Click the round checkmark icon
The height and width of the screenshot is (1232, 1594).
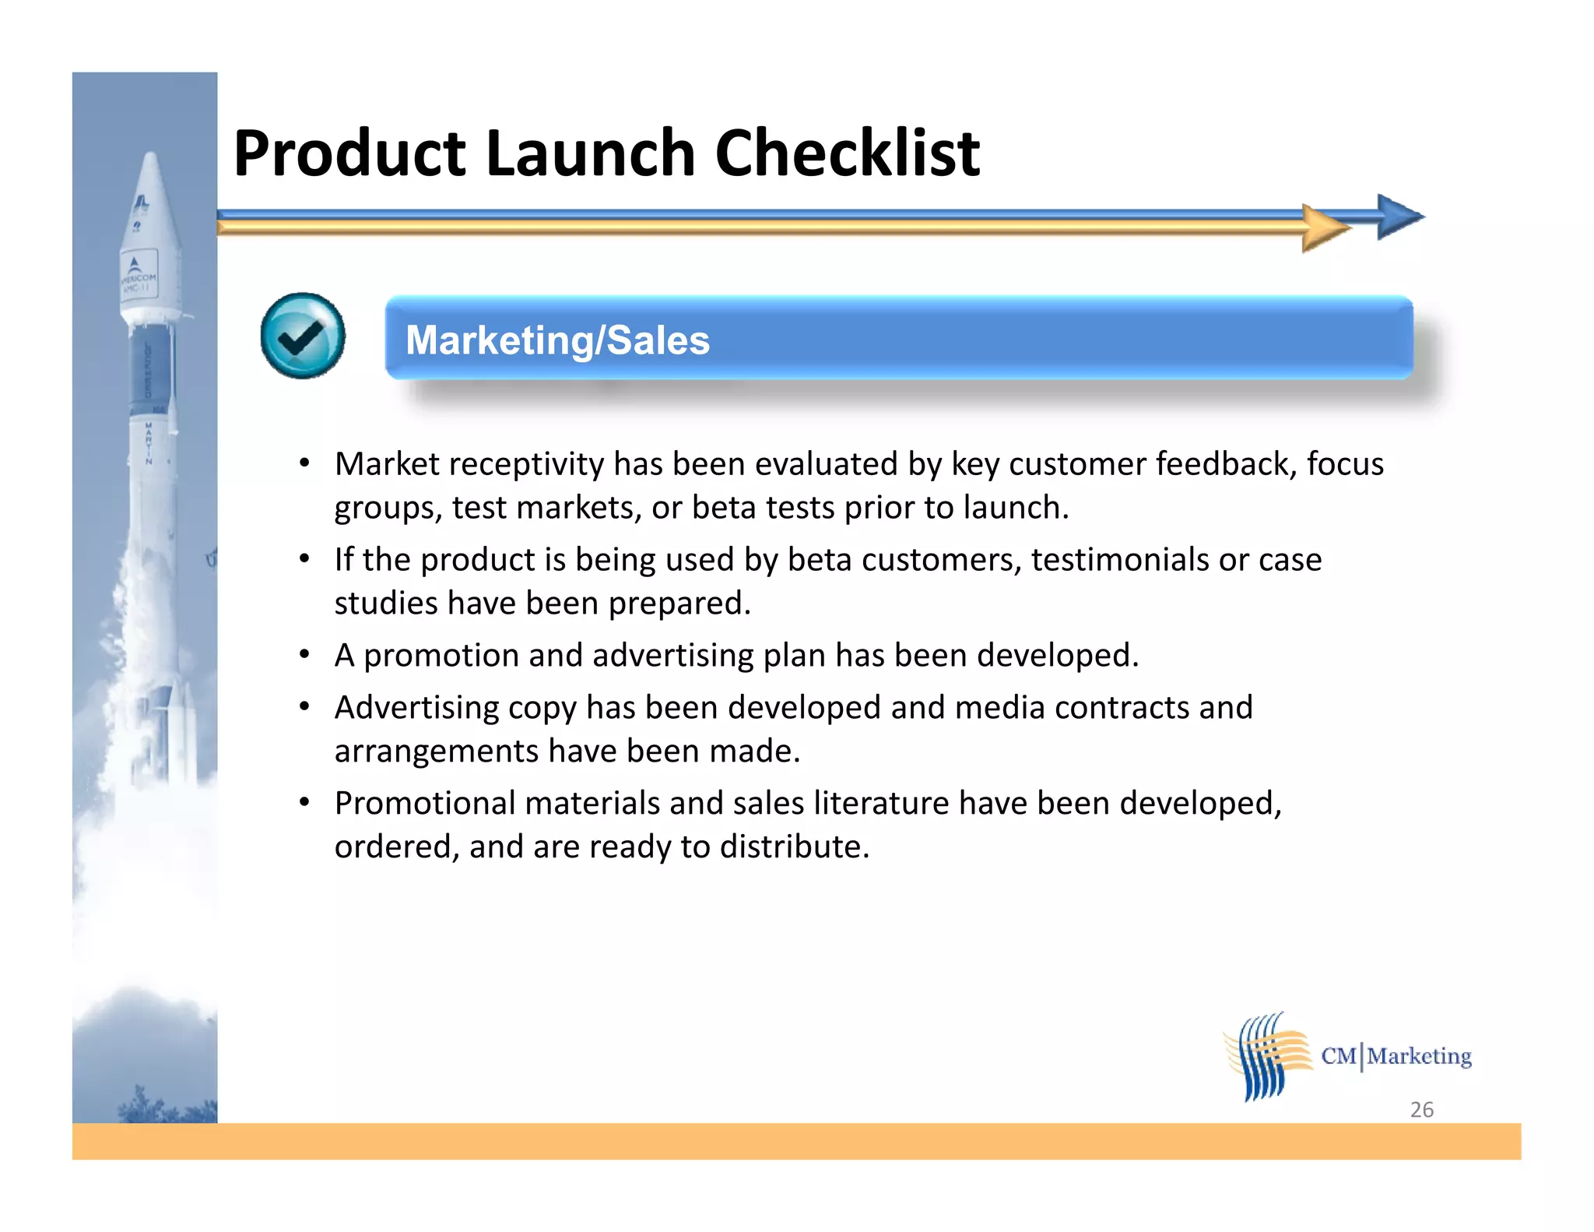coord(303,336)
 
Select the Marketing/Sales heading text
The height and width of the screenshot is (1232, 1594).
coord(557,340)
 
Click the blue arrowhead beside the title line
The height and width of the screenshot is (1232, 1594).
coord(1399,216)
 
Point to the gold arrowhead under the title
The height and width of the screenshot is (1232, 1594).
coord(1325,228)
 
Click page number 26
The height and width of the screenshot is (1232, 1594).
coord(1421,1109)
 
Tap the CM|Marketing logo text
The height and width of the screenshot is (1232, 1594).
coord(1396,1056)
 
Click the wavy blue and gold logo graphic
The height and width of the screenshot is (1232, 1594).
coord(1266,1057)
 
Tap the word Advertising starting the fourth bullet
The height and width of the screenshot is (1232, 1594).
coord(416,708)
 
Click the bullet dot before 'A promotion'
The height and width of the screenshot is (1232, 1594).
coord(305,653)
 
